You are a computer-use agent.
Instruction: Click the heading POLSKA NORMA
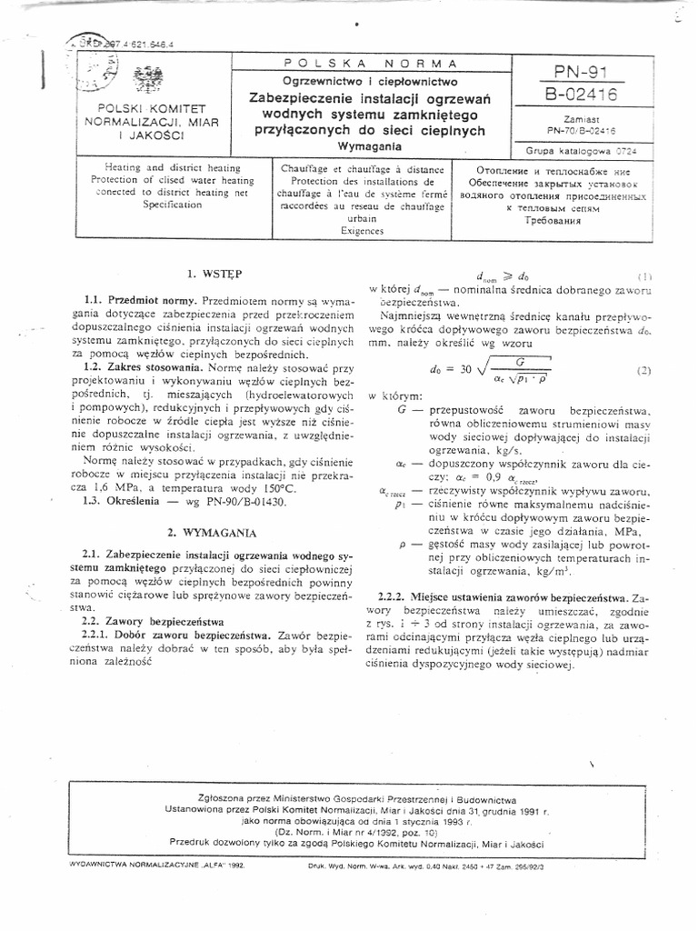pos(370,63)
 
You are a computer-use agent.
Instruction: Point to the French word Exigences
pos(361,231)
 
